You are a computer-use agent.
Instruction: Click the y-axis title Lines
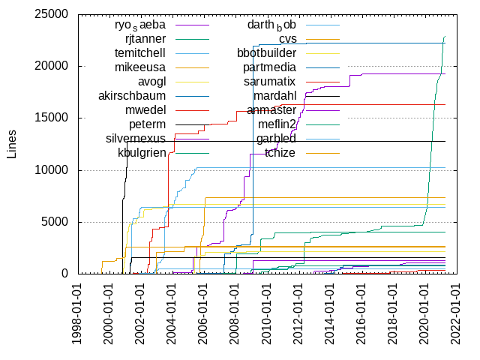[x=11, y=143]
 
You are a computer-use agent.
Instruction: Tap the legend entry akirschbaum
[x=132, y=96]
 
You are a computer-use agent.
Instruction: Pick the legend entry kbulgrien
[x=142, y=153]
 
